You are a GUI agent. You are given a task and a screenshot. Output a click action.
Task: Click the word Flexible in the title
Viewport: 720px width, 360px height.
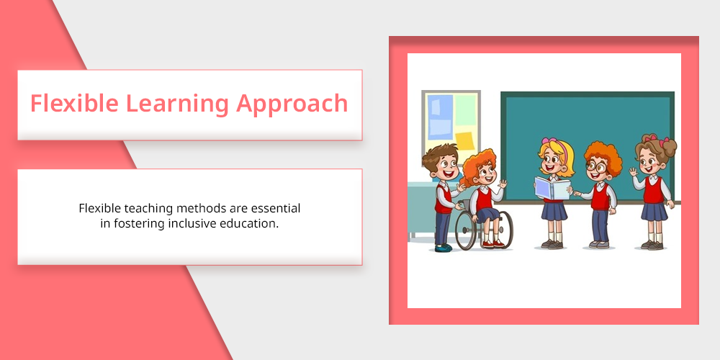tap(74, 103)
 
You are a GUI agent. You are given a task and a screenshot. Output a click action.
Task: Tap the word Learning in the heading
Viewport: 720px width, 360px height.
tap(177, 104)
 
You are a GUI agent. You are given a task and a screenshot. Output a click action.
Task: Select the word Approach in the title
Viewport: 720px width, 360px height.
tap(292, 104)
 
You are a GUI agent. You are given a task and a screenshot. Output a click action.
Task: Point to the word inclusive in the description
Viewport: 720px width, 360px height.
tap(192, 224)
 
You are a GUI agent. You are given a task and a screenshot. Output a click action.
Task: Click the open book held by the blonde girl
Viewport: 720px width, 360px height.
tap(552, 188)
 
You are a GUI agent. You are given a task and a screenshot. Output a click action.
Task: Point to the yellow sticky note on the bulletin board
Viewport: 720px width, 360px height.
tap(465, 141)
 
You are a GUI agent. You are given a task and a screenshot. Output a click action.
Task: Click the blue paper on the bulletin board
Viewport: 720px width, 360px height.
tap(440, 117)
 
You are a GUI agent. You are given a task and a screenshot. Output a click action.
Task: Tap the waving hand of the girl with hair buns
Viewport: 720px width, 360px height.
tap(634, 172)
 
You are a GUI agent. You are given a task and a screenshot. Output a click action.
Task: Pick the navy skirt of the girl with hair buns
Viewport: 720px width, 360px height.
tap(654, 212)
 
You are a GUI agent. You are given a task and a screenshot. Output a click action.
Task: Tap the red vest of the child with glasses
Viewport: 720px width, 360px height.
tap(600, 196)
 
